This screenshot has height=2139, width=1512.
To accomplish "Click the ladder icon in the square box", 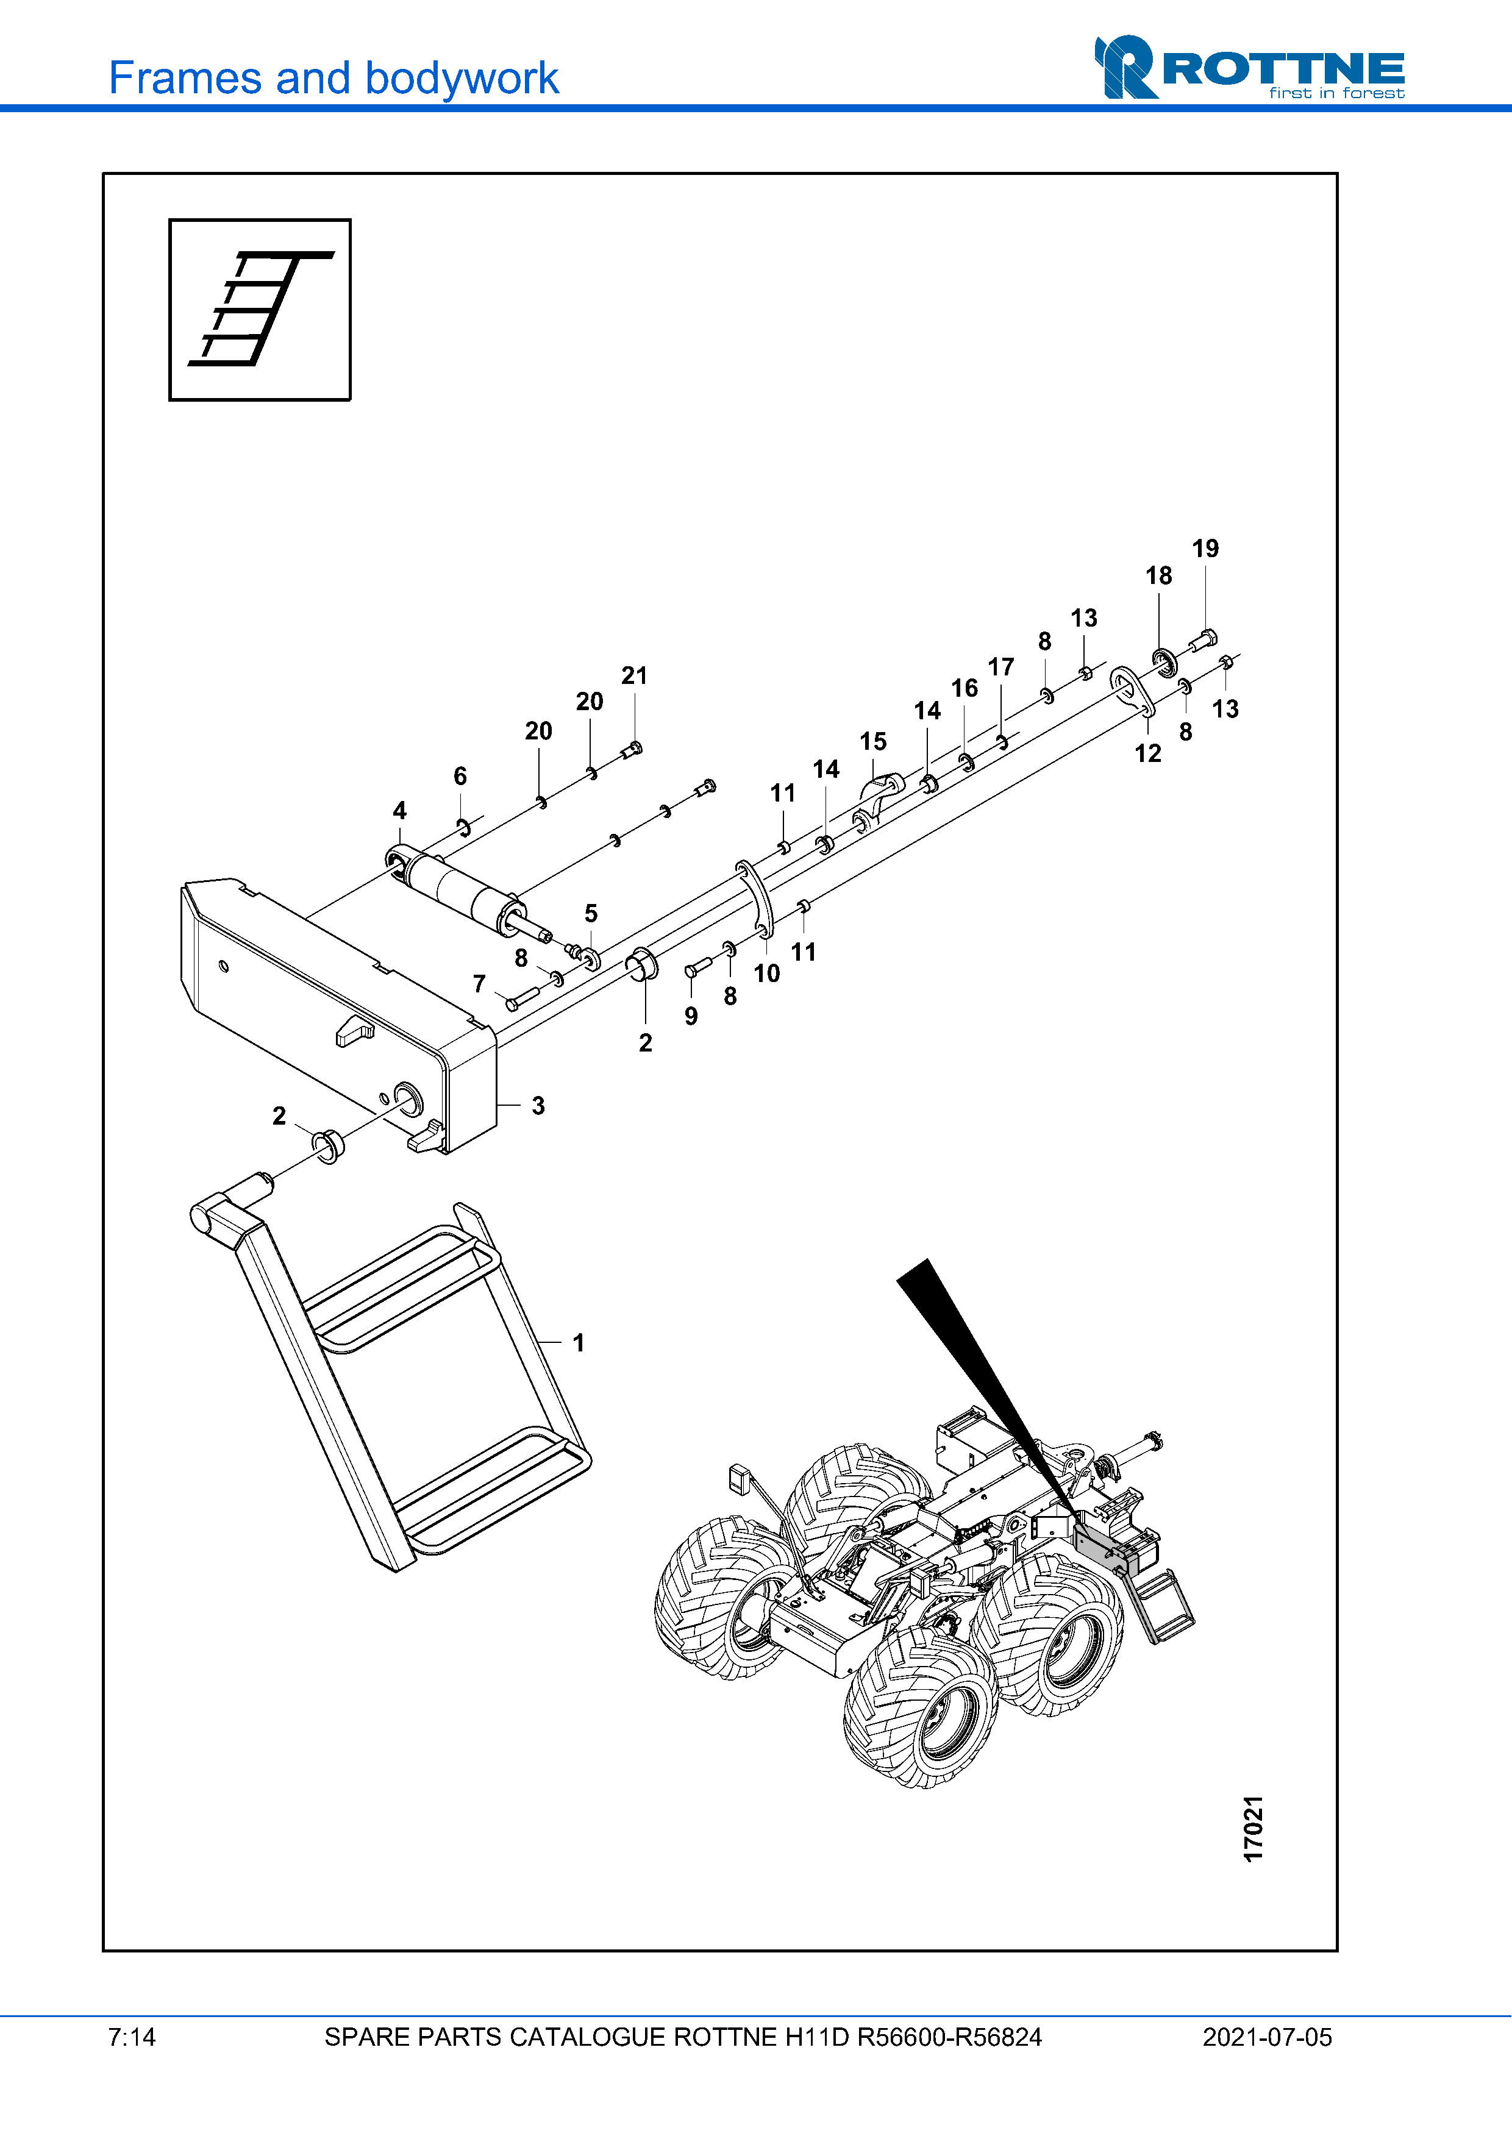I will (260, 309).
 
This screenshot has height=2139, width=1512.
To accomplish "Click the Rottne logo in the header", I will (1249, 68).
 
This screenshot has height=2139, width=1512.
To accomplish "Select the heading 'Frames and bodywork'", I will (333, 78).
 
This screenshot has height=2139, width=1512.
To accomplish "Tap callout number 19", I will (1205, 549).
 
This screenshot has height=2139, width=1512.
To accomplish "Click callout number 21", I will (635, 675).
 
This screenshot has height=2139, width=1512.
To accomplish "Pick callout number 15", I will (873, 742).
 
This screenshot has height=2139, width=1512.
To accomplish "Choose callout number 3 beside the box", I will (538, 1106).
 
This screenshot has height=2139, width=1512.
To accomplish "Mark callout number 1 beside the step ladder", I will (579, 1342).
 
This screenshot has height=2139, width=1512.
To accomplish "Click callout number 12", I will (1148, 753).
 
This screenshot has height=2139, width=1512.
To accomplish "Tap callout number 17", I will (1000, 667).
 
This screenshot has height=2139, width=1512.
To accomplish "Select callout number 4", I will (400, 811).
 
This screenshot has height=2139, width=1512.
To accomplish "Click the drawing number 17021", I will (1254, 1829).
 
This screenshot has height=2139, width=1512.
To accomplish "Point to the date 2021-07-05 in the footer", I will (1267, 2037).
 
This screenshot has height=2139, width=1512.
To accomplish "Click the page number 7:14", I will (131, 2037).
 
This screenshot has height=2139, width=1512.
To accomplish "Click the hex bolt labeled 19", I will (1203, 641).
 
